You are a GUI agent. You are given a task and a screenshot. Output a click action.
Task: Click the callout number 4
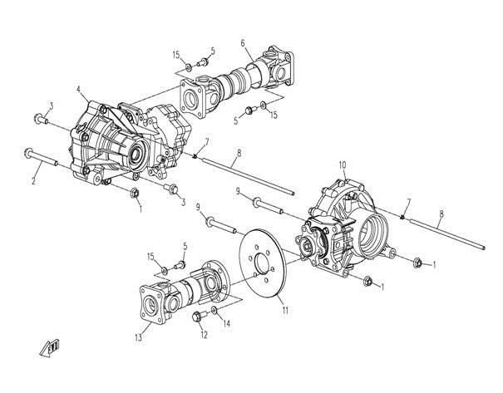pos(79,89)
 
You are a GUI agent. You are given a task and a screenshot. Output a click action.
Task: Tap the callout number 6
pos(243,43)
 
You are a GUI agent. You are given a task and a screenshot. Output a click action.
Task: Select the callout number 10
pos(343,165)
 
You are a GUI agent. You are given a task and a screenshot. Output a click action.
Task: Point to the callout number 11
pos(285,310)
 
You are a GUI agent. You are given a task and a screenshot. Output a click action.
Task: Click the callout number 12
pos(204,335)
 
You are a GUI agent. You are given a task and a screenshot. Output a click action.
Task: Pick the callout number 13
pos(139,338)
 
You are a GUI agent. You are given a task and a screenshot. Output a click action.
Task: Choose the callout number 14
pos(226,324)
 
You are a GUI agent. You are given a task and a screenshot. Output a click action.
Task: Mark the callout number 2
pos(33,181)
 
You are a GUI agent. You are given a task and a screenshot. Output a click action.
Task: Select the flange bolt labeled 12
pos(198,317)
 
